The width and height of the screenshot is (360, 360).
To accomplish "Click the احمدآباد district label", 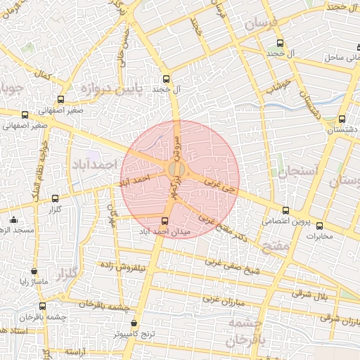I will (x=93, y=164).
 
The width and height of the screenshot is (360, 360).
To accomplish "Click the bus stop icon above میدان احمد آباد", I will (x=165, y=221).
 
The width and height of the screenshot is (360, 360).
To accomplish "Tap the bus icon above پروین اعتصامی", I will (x=285, y=210).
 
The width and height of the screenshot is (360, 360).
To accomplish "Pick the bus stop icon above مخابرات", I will (x=320, y=226).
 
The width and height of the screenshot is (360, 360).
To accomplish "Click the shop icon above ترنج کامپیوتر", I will (x=134, y=323).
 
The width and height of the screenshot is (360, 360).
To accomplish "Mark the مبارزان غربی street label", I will (x=223, y=299).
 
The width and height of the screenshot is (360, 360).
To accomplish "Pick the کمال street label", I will (x=44, y=74).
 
